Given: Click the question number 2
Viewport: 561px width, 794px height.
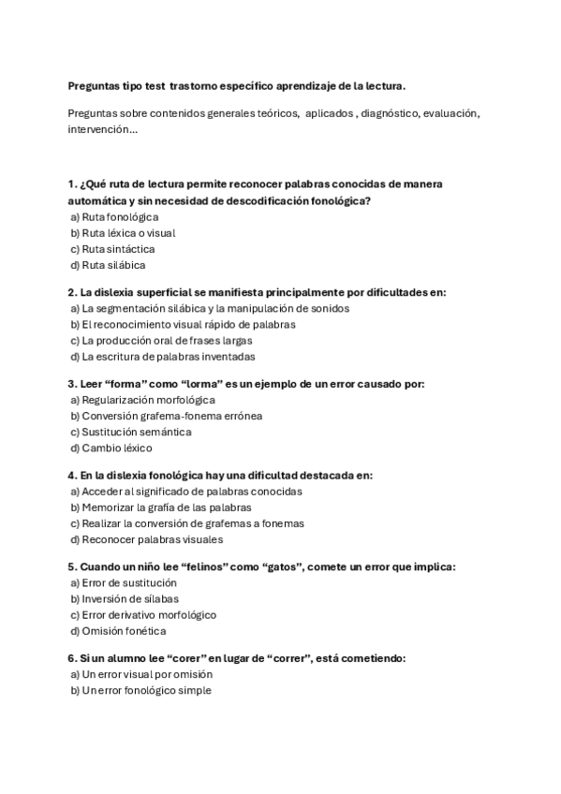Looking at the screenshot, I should pyautogui.click(x=72, y=292).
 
